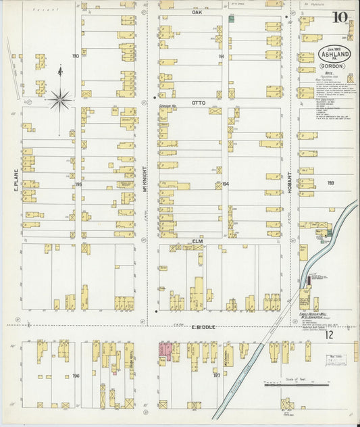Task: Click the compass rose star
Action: coord(60,100)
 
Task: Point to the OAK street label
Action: coord(197,12)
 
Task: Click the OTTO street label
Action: coord(197,103)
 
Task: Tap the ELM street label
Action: coord(198,239)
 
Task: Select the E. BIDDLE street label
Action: coord(203,327)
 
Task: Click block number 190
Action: coord(76,56)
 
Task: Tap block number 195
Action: coord(78,184)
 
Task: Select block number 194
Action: coord(225,184)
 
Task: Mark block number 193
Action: coord(330,183)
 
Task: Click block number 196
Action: coord(76,376)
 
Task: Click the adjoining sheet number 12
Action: coord(328,334)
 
